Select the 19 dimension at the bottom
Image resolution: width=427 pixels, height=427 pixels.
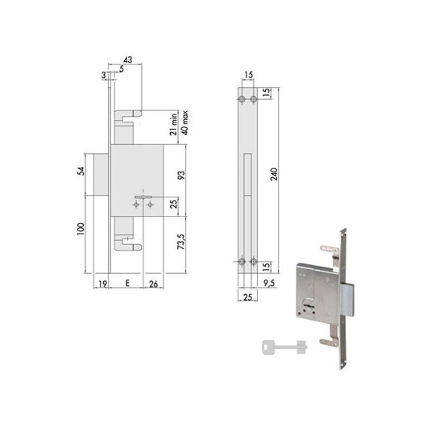coord(103,284)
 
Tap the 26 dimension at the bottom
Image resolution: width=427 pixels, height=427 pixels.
coord(153,284)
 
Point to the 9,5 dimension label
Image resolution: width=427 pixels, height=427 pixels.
coord(268,283)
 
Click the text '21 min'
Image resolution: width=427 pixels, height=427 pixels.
coord(173,126)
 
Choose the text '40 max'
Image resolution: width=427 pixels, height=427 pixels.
coord(185,126)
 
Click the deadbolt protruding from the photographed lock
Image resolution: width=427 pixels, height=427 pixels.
coord(347,301)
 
